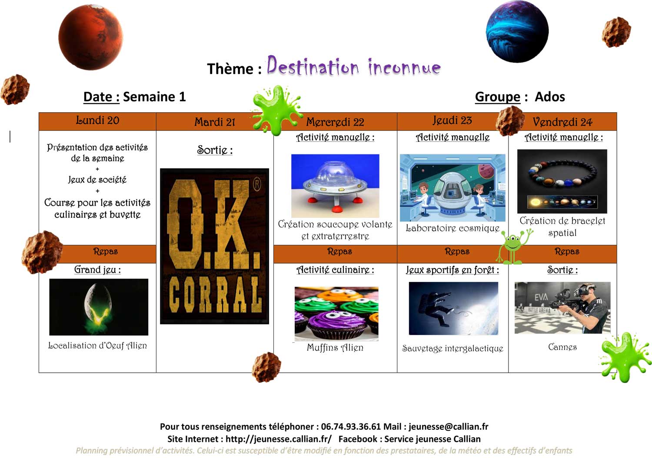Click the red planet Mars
tap(90, 37)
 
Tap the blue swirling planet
tap(517, 31)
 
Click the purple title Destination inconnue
tap(354, 66)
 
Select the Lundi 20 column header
tap(97, 120)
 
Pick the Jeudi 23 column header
tap(452, 120)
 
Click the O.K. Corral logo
tap(215, 246)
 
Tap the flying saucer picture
tap(335, 186)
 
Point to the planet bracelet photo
tap(562, 181)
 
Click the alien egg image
tap(99, 307)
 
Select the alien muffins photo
tap(336, 314)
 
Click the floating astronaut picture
tap(453, 308)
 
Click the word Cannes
tap(562, 347)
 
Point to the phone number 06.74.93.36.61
tap(351, 427)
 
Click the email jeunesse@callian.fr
tap(449, 427)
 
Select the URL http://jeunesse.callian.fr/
tap(279, 439)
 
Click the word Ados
tap(550, 97)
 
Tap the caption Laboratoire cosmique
tap(452, 228)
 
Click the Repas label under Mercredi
tap(339, 251)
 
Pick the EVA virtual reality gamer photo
tap(562, 308)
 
